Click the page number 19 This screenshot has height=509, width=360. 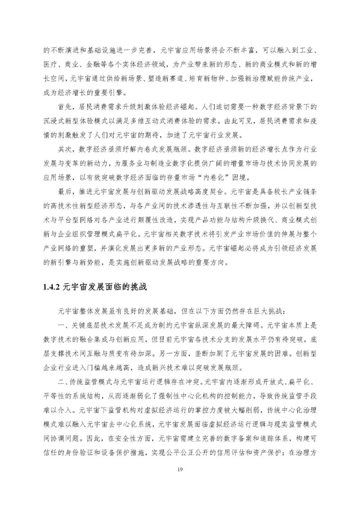click(180, 469)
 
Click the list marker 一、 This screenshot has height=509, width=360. click(62, 325)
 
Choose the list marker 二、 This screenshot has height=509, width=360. click(62, 382)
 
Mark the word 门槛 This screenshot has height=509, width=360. click(102, 368)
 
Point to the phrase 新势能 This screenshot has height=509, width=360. click(94, 263)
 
